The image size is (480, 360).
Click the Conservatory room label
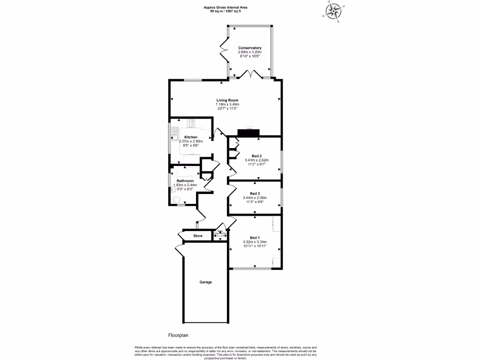click(x=249, y=48)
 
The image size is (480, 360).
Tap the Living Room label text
click(x=227, y=100)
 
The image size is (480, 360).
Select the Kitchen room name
click(x=191, y=137)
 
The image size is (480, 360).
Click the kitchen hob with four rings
click(x=191, y=124)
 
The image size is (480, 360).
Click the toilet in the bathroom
click(x=176, y=200)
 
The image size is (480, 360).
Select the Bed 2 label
click(x=256, y=156)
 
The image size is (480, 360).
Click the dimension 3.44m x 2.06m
click(x=255, y=198)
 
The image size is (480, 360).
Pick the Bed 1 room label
click(x=255, y=237)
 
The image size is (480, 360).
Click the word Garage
click(x=206, y=282)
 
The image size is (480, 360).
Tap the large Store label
click(x=198, y=236)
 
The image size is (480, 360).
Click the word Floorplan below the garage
click(x=178, y=336)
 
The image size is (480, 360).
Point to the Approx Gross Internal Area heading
click(x=226, y=7)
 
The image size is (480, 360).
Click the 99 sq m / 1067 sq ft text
click(x=226, y=11)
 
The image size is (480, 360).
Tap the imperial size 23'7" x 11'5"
click(x=227, y=108)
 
